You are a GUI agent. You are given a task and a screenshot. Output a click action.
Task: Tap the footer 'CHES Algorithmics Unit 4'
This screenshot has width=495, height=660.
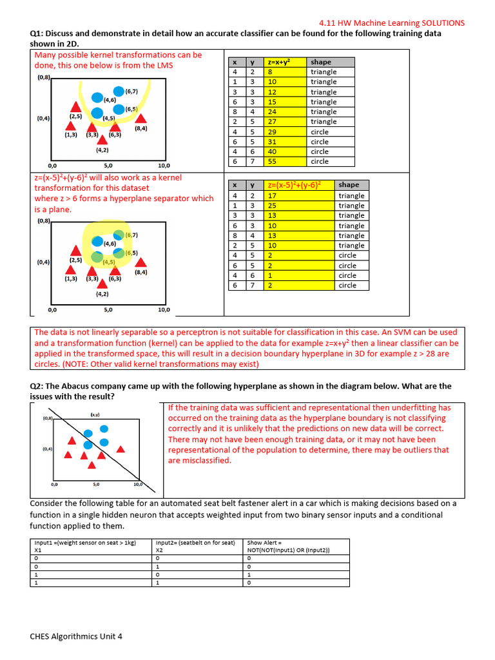[x=76, y=636]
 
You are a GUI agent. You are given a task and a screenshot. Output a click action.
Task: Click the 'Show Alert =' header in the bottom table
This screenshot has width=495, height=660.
[x=265, y=543]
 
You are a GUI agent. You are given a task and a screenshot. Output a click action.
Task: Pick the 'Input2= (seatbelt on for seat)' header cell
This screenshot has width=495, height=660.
[x=195, y=543]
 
